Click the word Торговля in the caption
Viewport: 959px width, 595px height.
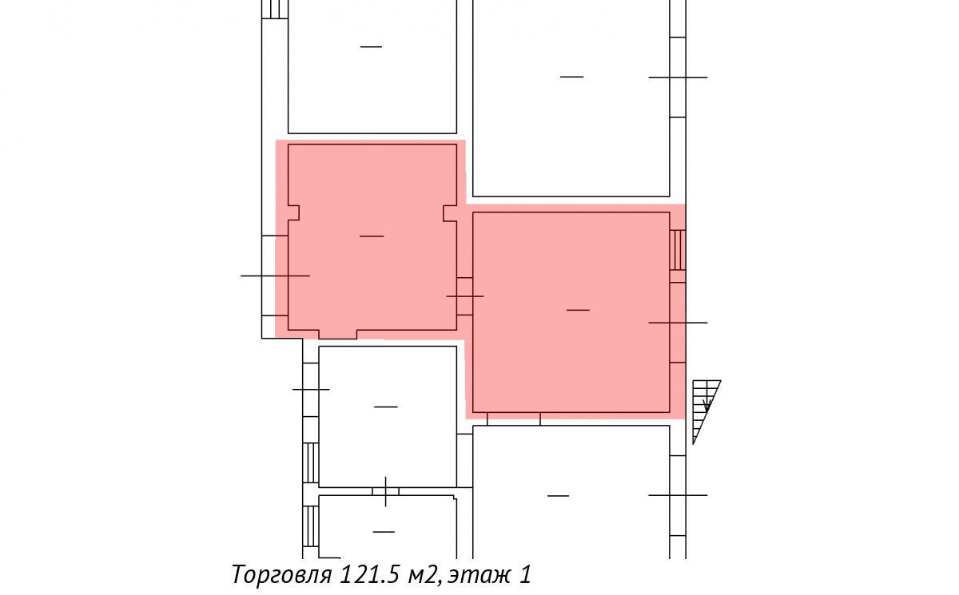[x=281, y=574]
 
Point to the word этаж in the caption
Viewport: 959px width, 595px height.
[x=479, y=575]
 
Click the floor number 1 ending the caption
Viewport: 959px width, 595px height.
[x=525, y=574]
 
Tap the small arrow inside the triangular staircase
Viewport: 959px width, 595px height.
[x=706, y=405]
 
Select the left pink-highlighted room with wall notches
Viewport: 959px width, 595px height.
[x=372, y=238]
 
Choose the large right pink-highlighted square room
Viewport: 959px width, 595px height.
[x=571, y=312]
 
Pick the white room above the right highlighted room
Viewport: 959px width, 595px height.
[x=571, y=98]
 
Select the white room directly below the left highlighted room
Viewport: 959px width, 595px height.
[x=388, y=416]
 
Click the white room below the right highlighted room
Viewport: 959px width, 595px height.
[x=571, y=492]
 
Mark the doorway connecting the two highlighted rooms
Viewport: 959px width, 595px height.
[x=464, y=296]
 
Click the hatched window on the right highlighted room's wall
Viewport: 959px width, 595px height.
[x=678, y=250]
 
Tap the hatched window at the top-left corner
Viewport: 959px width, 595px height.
[x=274, y=9]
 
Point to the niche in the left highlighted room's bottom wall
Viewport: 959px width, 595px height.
[x=338, y=335]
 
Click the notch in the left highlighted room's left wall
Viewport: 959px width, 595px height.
[x=293, y=213]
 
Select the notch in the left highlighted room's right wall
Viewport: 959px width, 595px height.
[x=450, y=213]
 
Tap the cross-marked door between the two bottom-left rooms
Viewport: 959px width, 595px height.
[x=385, y=491]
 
